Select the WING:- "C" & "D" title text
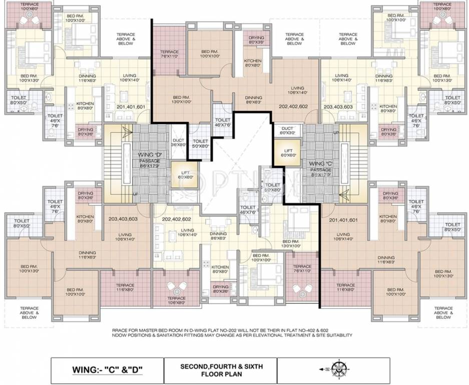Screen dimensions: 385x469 coord(108,370)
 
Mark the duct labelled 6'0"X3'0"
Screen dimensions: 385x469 coord(287,131)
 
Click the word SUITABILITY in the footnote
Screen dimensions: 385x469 coord(337,335)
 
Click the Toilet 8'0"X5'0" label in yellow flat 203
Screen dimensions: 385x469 coord(452,100)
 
